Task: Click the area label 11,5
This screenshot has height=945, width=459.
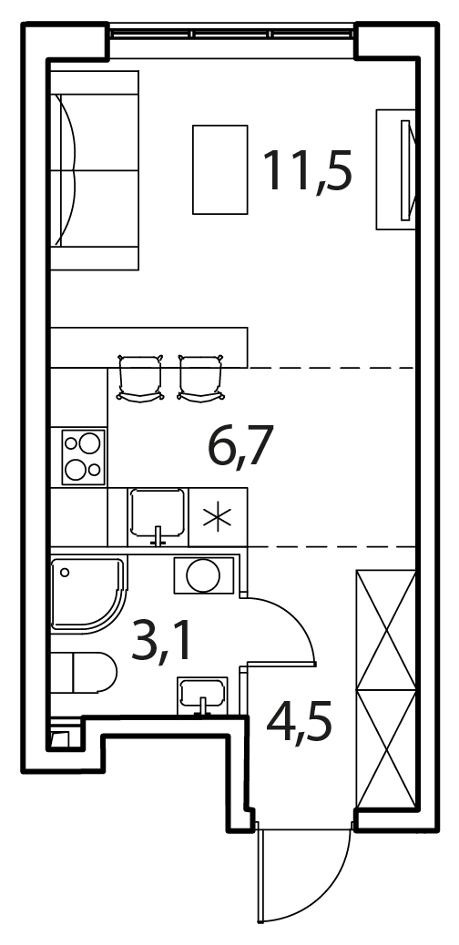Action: (307, 170)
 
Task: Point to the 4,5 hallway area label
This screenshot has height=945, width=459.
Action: (299, 726)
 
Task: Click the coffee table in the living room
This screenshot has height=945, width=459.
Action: (220, 169)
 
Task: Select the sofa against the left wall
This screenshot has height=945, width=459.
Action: (94, 170)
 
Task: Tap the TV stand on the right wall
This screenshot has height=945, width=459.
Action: (395, 169)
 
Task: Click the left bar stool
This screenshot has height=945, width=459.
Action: (140, 377)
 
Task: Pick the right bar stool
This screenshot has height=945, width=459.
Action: (201, 377)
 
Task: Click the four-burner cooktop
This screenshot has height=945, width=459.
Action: (83, 456)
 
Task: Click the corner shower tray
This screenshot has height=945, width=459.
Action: (89, 594)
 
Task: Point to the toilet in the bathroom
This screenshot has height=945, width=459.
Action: (85, 673)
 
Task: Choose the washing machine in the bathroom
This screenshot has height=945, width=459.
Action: (204, 575)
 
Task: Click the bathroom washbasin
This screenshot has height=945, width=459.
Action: (203, 695)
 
